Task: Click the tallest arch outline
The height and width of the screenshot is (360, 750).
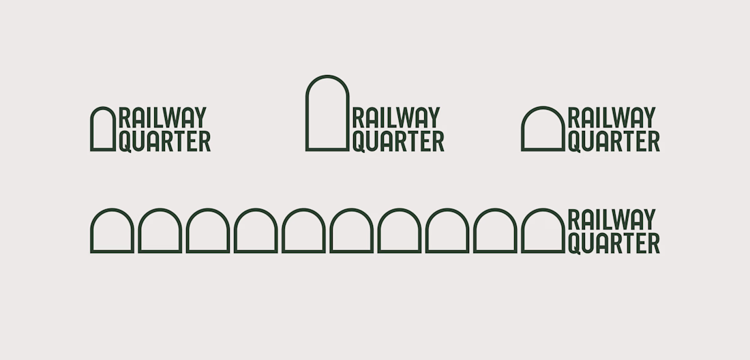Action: point(307,115)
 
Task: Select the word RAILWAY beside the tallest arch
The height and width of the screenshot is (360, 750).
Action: point(396,117)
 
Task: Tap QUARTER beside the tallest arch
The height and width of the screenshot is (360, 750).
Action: point(398,142)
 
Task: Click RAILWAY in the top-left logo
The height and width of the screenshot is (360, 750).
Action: point(163,117)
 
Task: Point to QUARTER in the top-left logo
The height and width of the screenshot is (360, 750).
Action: point(165,142)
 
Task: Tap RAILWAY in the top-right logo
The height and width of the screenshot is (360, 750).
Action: point(612,117)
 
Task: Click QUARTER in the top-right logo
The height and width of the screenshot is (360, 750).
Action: point(614,142)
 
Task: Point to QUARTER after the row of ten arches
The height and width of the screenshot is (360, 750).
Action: point(614,243)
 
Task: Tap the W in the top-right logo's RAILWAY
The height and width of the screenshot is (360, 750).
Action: point(627,117)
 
